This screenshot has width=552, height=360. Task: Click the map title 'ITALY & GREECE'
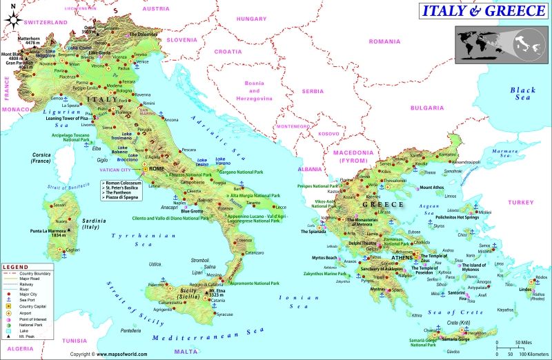click(482, 11)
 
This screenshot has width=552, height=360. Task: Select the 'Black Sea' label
click(522, 94)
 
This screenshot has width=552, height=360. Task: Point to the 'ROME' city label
click(157, 169)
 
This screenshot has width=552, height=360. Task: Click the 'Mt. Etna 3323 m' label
click(219, 293)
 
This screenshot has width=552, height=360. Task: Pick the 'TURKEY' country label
click(517, 202)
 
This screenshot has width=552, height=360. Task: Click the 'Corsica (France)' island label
click(42, 158)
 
